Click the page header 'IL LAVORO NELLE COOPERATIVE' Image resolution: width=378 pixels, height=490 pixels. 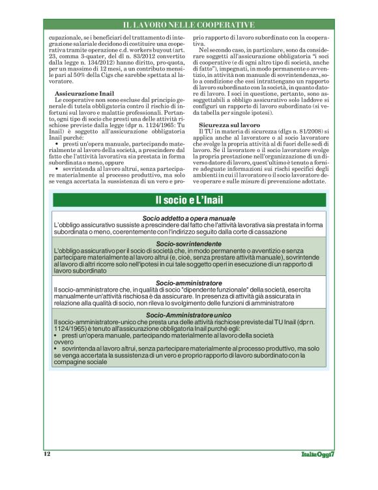coord(189,25)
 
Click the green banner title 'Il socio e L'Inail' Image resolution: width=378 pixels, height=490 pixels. coord(189,200)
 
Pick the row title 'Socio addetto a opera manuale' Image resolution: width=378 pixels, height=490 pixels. coord(189,217)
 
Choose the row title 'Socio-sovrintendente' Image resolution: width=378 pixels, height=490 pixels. coord(189,243)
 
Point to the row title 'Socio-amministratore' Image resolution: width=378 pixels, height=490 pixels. coord(189,282)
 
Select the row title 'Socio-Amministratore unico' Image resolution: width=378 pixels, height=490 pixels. coord(189,314)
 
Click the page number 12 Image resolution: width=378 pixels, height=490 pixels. coord(47,453)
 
